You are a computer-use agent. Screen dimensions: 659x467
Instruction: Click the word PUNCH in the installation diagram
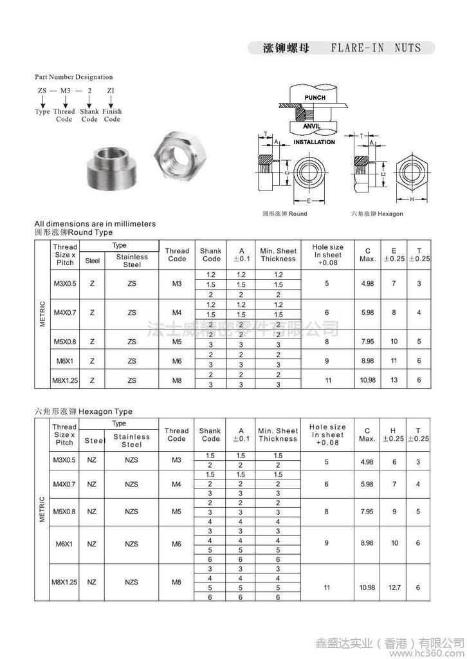pos(315,98)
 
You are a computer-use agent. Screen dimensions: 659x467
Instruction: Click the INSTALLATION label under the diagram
pos(314,142)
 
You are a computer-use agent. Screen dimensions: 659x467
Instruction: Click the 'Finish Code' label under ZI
pos(112,115)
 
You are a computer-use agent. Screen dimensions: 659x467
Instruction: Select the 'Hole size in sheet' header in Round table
pos(327,255)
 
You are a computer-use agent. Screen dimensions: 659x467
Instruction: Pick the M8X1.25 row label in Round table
pos(64,380)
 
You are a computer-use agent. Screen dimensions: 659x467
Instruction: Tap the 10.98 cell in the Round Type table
pos(367,380)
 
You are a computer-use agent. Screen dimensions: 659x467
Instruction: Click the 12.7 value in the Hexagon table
pos(394,588)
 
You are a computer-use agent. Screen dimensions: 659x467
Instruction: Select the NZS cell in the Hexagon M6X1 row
pos(131,544)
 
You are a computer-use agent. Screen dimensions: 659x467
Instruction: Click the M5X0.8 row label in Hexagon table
pos(64,512)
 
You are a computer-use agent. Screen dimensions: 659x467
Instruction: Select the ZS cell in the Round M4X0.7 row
pos(131,313)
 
